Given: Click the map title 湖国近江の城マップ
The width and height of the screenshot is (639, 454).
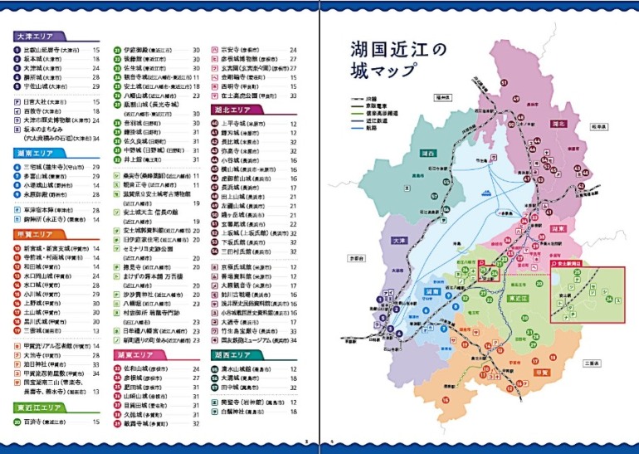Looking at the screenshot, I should (x=388, y=59).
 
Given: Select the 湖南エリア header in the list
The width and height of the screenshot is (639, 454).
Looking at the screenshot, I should (x=35, y=154).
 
